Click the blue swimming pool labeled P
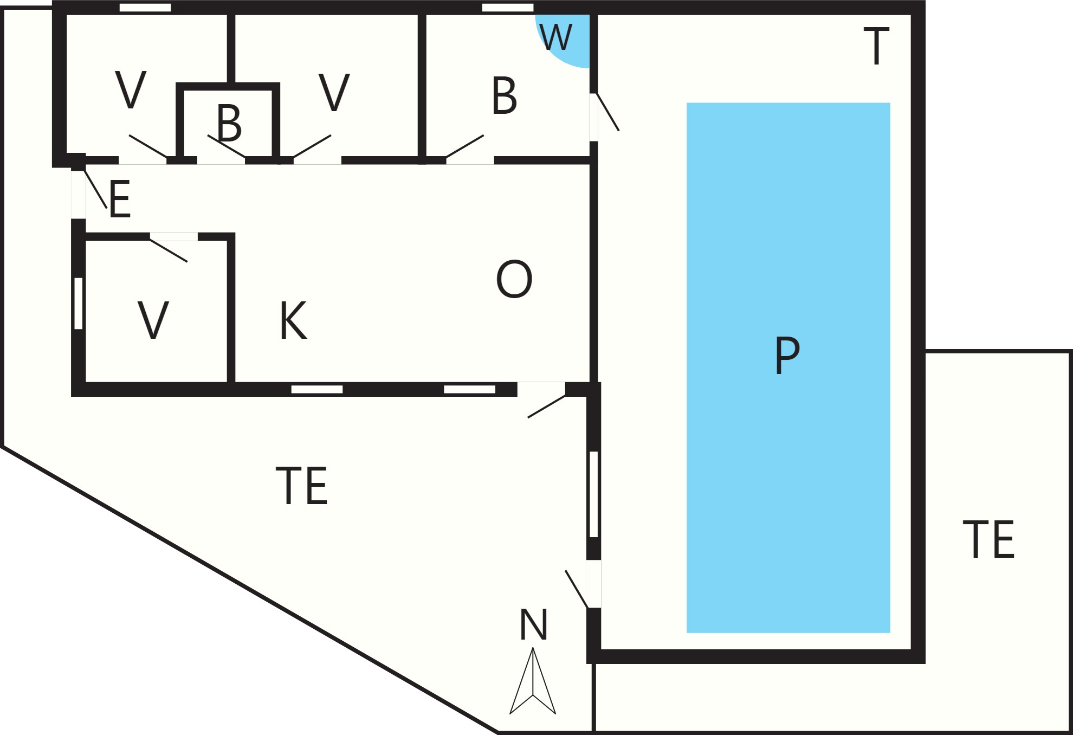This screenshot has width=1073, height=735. tap(788, 367)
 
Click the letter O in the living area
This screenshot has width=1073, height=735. tap(514, 279)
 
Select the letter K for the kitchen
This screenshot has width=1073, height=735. tap(293, 320)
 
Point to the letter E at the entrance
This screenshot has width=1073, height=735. tap(120, 199)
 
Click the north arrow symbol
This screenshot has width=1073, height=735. tap(533, 681)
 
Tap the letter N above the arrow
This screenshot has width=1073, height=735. tap(533, 624)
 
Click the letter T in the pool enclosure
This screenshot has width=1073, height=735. tap(876, 46)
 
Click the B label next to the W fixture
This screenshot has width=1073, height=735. tap(504, 95)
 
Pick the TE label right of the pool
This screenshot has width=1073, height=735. tap(988, 539)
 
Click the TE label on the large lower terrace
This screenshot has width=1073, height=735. tap(302, 486)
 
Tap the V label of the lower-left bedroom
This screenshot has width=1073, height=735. tap(153, 320)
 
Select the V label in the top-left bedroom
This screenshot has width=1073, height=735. tap(131, 90)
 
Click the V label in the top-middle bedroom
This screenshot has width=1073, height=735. tap(334, 93)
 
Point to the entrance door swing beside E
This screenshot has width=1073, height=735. tap(95, 189)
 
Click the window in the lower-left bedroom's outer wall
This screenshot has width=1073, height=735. tap(79, 304)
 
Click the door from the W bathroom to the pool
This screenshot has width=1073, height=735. tap(607, 112)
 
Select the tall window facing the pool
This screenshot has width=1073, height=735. tap(594, 494)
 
